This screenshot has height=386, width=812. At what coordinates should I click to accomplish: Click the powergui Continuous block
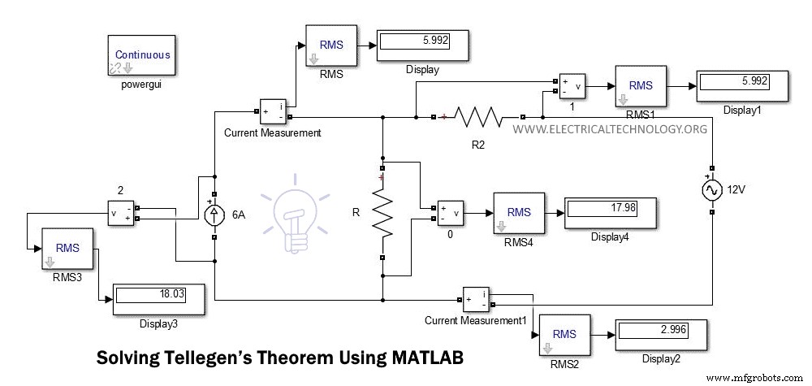(143, 55)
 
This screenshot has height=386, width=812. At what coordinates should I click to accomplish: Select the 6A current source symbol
(214, 215)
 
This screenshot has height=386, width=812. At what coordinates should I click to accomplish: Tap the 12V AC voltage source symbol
(711, 191)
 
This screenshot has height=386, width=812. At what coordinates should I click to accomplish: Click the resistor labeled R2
(480, 117)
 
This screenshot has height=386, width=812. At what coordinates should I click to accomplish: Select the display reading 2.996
(660, 332)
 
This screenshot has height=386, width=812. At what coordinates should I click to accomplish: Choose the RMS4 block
(519, 214)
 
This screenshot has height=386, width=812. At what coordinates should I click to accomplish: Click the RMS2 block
(564, 334)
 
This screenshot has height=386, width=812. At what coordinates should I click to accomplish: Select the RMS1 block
(641, 85)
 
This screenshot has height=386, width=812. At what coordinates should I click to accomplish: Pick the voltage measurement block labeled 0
(451, 213)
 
